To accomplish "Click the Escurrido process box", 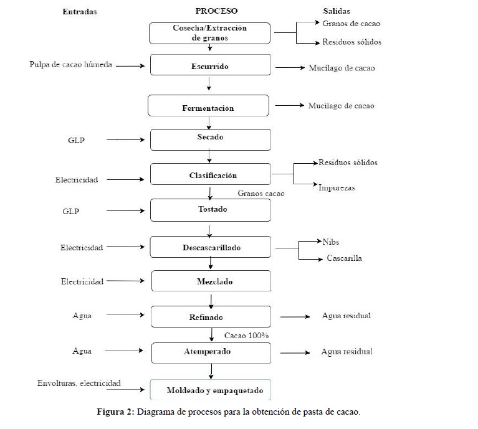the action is click(211, 65).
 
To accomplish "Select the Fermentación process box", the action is click(209, 106).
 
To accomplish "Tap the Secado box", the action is click(211, 139).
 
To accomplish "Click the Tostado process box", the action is click(211, 210).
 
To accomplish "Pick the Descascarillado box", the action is click(211, 247).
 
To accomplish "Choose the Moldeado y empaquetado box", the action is click(211, 390).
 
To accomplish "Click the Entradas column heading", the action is click(80, 12).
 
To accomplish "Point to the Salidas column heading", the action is click(337, 11).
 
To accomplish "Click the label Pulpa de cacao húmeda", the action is click(70, 65).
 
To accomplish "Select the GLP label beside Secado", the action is click(76, 140).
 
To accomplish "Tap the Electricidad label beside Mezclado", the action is click(82, 281).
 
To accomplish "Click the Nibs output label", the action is click(331, 242).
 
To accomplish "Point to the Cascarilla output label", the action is click(344, 258).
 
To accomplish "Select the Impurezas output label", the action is click(337, 187).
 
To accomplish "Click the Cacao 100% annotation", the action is click(246, 336).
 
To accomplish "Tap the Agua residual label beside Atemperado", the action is click(347, 352).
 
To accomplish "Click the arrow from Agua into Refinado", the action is click(125, 315).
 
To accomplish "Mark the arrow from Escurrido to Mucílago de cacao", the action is click(290, 68).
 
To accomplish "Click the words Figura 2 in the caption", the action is click(115, 412).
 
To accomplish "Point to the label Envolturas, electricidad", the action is click(79, 383).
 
